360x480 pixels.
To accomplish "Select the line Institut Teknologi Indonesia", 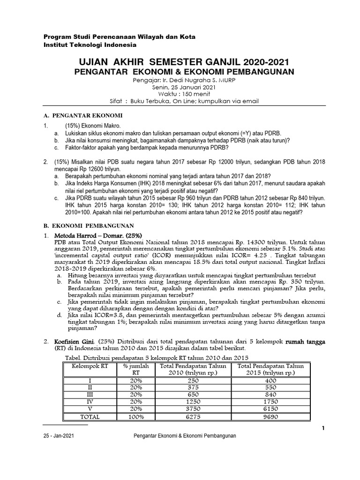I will pyautogui.click(x=90, y=45).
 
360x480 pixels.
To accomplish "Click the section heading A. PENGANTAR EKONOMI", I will pyautogui.click(x=83, y=115).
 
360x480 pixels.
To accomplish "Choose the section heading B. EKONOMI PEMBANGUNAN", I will pyautogui.click(x=89, y=225).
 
